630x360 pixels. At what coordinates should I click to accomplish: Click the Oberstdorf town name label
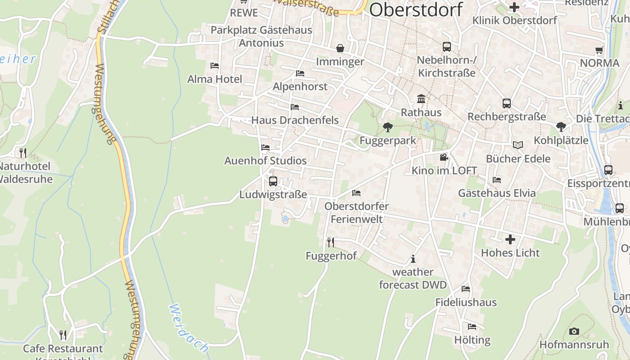tap(416, 10)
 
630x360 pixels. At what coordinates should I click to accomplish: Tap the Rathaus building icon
tap(421, 99)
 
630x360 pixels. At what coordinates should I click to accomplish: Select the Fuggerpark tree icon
tap(387, 127)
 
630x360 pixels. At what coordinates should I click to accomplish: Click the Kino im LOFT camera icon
tap(444, 157)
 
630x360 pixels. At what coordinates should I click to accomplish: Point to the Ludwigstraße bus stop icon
tap(273, 181)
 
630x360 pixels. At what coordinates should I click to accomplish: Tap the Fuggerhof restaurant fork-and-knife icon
tap(331, 243)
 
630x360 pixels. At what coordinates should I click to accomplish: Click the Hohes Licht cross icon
tap(510, 239)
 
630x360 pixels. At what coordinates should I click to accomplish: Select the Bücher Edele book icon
tap(518, 145)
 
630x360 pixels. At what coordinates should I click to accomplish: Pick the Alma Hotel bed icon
tap(215, 66)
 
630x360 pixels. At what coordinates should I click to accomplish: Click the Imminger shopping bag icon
tap(340, 48)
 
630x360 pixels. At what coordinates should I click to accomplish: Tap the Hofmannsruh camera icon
tap(574, 331)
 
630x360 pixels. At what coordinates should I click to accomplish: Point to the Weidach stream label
tap(189, 328)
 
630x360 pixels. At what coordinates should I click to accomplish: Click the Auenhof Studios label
tap(265, 161)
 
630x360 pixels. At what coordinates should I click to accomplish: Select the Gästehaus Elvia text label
tap(497, 193)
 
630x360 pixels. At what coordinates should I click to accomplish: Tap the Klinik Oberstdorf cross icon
tap(514, 7)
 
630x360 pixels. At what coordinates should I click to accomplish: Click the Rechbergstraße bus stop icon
tap(507, 103)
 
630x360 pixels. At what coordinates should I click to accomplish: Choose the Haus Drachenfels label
tap(295, 120)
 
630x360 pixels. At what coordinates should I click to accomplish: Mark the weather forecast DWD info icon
tap(413, 259)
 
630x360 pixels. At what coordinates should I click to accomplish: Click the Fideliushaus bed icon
tap(466, 289)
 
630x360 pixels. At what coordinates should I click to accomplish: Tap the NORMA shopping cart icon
tap(599, 50)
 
